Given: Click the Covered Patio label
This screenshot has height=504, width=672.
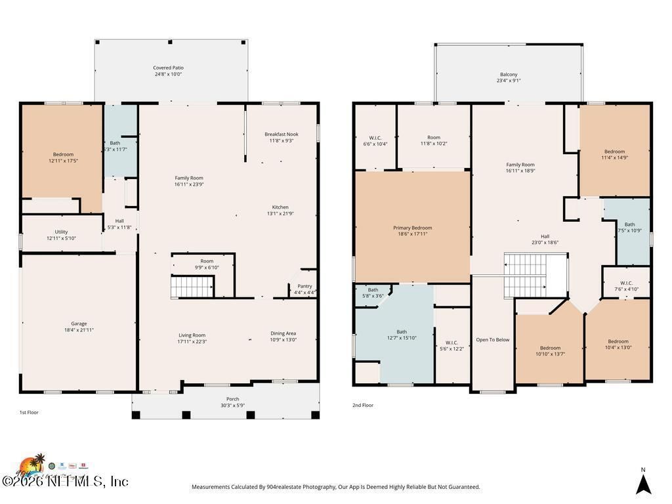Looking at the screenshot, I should click(x=168, y=68).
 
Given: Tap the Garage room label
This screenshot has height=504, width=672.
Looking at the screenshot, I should click(x=79, y=324).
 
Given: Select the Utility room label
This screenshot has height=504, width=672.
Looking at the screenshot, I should click(x=61, y=232).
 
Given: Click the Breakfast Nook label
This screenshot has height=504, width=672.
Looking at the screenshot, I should click(x=281, y=134).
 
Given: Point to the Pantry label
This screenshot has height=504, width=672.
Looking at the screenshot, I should click(x=304, y=286).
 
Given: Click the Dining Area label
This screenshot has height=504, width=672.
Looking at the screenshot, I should click(x=283, y=333).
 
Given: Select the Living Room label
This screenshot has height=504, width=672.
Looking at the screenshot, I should click(x=192, y=335).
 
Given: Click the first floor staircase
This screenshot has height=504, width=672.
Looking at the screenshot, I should click(x=192, y=287).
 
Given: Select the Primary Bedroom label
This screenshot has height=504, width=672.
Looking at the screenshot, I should click(x=412, y=228).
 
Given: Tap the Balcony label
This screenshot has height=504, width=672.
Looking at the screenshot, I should click(x=509, y=75).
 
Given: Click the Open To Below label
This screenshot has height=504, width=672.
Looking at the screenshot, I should click(x=492, y=340).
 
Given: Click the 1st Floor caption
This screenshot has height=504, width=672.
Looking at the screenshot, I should click(x=29, y=413).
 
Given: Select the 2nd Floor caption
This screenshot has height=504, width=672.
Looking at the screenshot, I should click(x=363, y=406).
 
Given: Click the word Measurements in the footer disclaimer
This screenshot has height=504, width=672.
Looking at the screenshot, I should click(x=211, y=487).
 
